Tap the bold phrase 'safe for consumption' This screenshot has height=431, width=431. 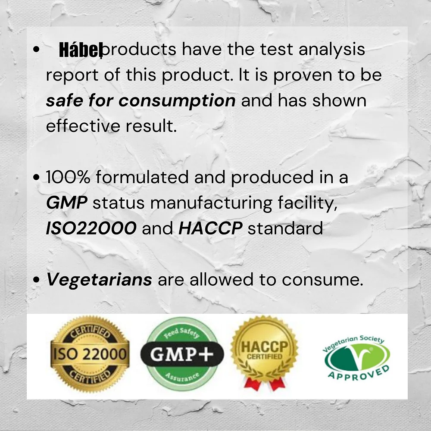(141, 101)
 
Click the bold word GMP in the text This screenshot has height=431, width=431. (66, 203)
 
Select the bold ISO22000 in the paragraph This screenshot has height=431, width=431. (91, 228)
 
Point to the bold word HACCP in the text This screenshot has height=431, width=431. (210, 228)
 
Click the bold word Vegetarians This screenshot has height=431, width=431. (99, 280)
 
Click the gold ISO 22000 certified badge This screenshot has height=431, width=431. (90, 355)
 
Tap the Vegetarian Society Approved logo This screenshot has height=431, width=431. (356, 357)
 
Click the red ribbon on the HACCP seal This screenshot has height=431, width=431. (264, 382)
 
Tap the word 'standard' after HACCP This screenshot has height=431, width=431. (285, 228)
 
